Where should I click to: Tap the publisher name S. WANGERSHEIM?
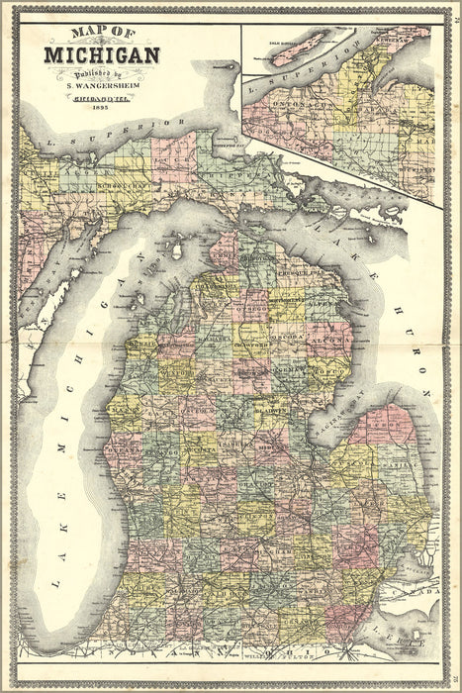pyautogui.click(x=102, y=86)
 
